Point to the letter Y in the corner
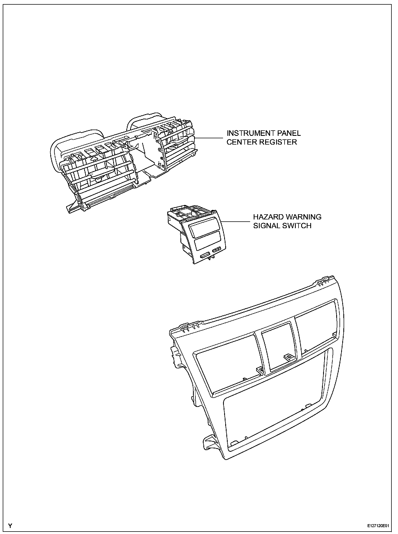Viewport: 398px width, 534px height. click(x=10, y=526)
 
